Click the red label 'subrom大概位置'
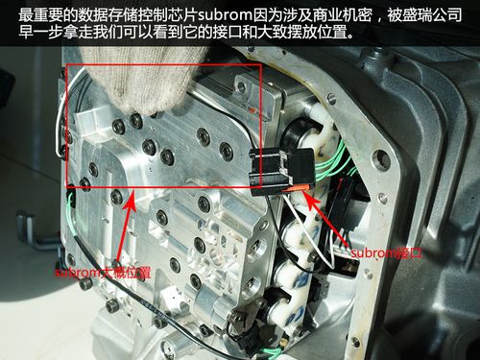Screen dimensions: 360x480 tap(103, 273)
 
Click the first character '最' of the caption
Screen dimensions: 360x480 tap(26, 14)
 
